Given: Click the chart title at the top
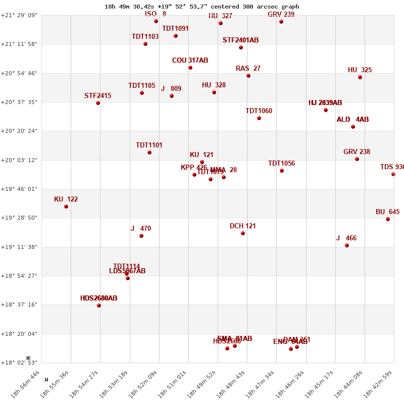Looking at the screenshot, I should point(202,7).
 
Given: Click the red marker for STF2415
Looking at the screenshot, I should point(98,103).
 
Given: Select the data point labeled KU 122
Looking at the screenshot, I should point(66,207).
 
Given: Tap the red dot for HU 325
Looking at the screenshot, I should point(360,77).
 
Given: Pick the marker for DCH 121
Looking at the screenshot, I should point(243,233).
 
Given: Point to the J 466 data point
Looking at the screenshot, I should point(347,245).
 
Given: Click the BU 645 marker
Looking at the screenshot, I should point(388,219).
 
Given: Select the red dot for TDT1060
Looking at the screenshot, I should point(259,118).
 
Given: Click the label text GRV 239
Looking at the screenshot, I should point(281,14).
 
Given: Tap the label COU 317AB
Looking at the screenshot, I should point(190,60).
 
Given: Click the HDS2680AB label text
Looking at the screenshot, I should point(98,298).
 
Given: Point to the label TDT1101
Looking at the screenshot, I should point(149,145).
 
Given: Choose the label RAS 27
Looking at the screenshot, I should point(248,68).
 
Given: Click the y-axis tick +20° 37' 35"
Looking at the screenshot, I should point(21,102).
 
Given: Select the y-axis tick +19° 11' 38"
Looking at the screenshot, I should point(21,247).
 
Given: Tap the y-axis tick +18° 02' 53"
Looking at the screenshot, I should point(21,363).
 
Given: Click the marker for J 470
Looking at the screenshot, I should point(141,236).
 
